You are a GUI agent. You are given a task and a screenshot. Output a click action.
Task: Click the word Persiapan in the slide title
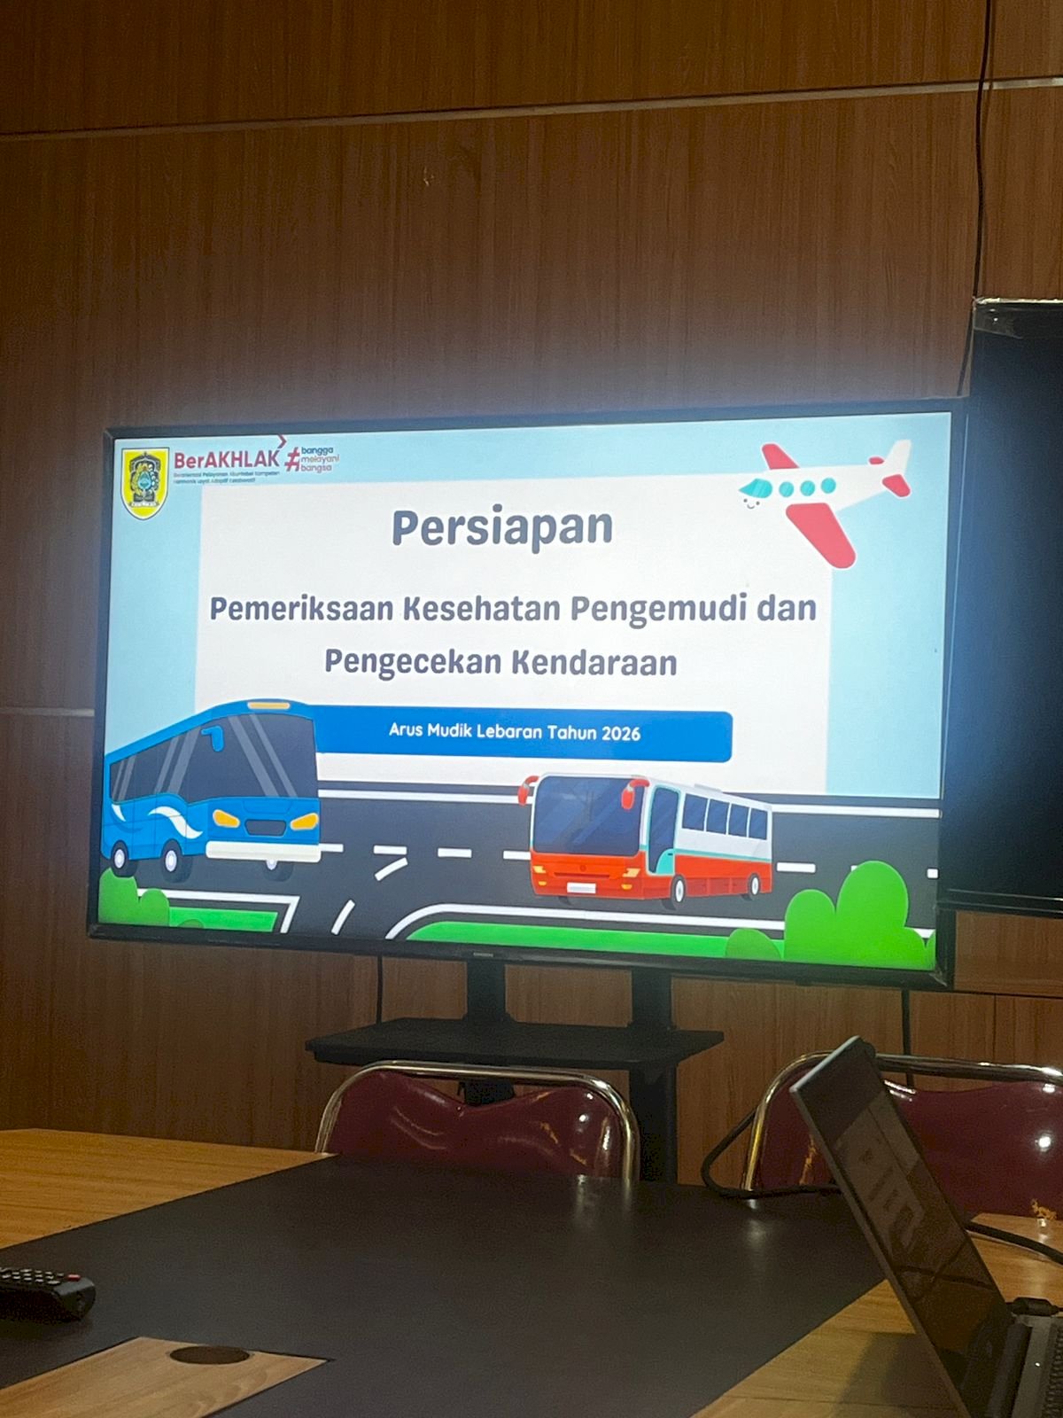point(502,528)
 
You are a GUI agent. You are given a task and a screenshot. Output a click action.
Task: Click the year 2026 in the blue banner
point(620,733)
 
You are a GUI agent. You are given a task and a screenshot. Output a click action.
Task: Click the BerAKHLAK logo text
point(227,460)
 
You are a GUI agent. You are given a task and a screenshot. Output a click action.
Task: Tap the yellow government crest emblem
point(144,483)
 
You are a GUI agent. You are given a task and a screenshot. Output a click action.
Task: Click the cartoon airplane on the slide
point(824,496)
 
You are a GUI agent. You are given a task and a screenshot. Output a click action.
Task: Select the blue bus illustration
point(213,789)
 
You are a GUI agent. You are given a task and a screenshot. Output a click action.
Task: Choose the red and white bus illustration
point(651,838)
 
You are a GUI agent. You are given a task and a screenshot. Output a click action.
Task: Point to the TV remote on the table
point(44,1292)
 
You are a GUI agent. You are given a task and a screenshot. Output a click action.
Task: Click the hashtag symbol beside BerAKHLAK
point(292,461)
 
